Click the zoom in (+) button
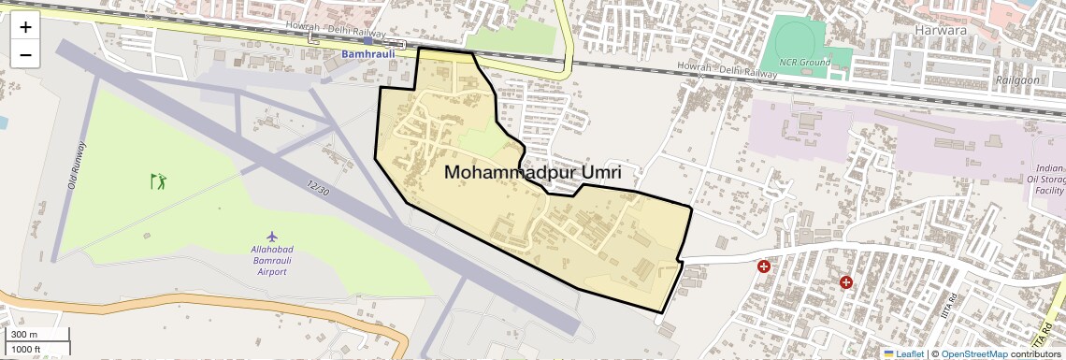click(x=25, y=27)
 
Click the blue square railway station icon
click(x=368, y=42)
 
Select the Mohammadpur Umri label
click(x=533, y=173)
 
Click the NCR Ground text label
click(x=803, y=62)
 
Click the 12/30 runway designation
click(x=318, y=187)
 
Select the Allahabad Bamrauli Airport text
click(x=272, y=259)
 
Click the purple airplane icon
click(x=272, y=236)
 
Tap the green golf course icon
click(x=157, y=179)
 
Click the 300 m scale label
click(x=24, y=335)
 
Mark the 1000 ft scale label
click(x=26, y=349)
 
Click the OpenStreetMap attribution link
click(x=974, y=354)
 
